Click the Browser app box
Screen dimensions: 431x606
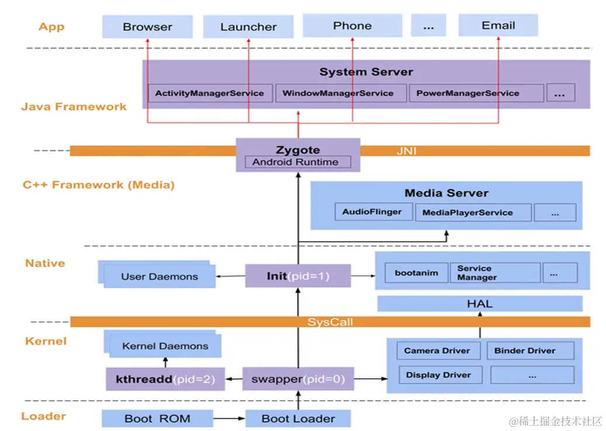pyautogui.click(x=147, y=27)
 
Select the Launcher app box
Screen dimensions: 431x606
pyautogui.click(x=248, y=27)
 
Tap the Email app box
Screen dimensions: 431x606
pyautogui.click(x=498, y=26)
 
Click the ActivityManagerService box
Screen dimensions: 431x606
pyautogui.click(x=209, y=94)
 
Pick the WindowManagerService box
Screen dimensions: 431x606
pyautogui.click(x=338, y=94)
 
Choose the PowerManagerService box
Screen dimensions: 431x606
pyautogui.click(x=468, y=94)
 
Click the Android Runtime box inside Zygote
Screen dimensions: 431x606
pyautogui.click(x=295, y=162)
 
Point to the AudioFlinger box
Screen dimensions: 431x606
pyautogui.click(x=372, y=212)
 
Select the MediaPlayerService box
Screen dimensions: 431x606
pyautogui.click(x=467, y=213)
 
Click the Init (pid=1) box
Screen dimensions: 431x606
pyautogui.click(x=298, y=276)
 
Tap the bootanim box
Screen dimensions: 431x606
pyautogui.click(x=416, y=273)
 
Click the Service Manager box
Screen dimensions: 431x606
pyautogui.click(x=494, y=273)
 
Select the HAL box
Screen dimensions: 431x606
pyautogui.click(x=480, y=304)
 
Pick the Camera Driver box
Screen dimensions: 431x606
pyautogui.click(x=437, y=351)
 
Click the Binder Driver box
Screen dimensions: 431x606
pyautogui.click(x=525, y=351)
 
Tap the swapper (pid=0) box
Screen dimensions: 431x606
pyautogui.click(x=298, y=380)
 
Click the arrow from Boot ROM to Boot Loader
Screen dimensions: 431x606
pyautogui.click(x=228, y=419)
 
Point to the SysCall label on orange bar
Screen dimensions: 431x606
pyautogui.click(x=330, y=322)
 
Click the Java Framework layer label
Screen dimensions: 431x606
pyautogui.click(x=74, y=107)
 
